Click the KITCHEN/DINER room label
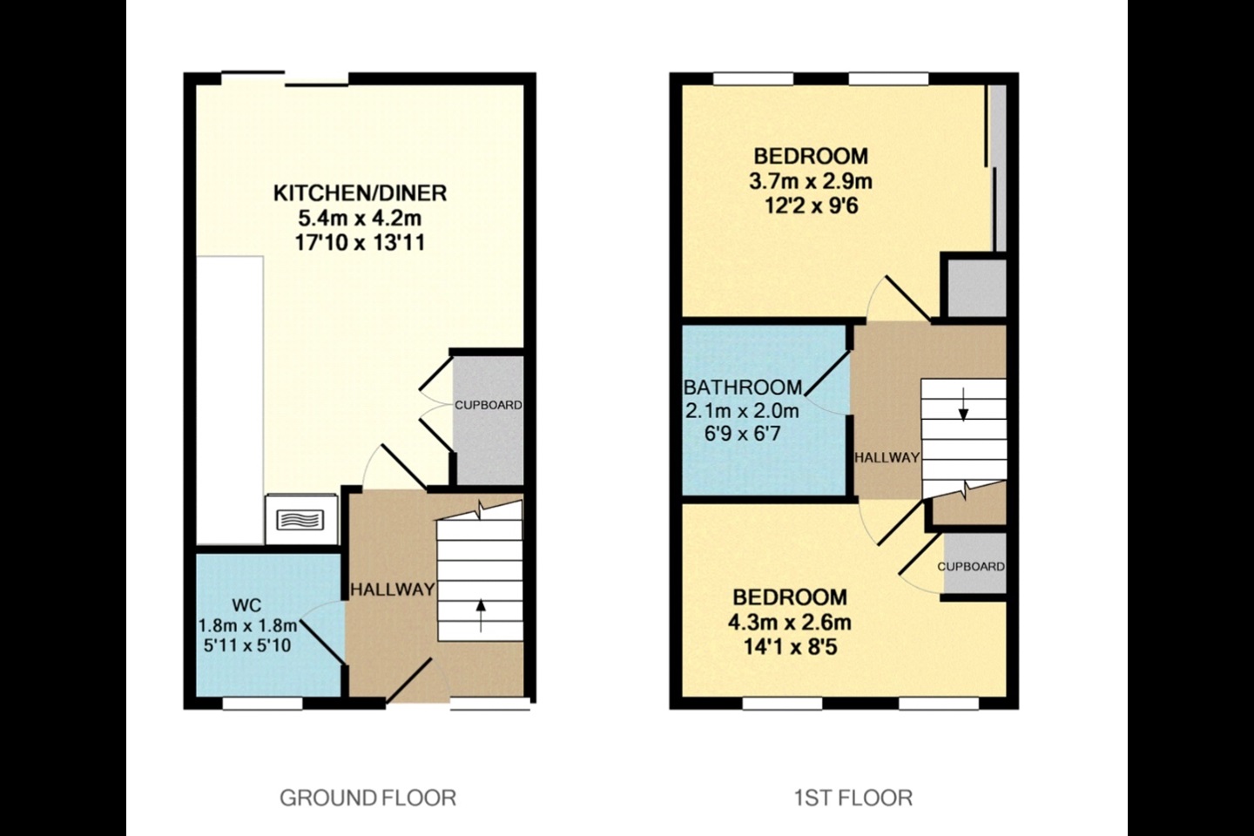click(x=360, y=192)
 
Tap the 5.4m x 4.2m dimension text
click(x=360, y=218)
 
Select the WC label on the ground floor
click(x=248, y=605)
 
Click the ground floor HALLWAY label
click(x=392, y=590)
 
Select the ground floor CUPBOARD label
click(x=488, y=405)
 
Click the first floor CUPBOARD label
click(x=971, y=566)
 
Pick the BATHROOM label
click(x=743, y=388)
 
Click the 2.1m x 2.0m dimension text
click(x=743, y=410)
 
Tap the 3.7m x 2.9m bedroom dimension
click(x=810, y=182)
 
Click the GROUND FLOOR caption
click(x=367, y=797)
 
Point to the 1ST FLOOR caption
click(x=853, y=797)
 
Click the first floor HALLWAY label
click(x=887, y=457)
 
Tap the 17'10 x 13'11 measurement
click(x=360, y=243)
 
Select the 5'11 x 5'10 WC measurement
click(x=248, y=645)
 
